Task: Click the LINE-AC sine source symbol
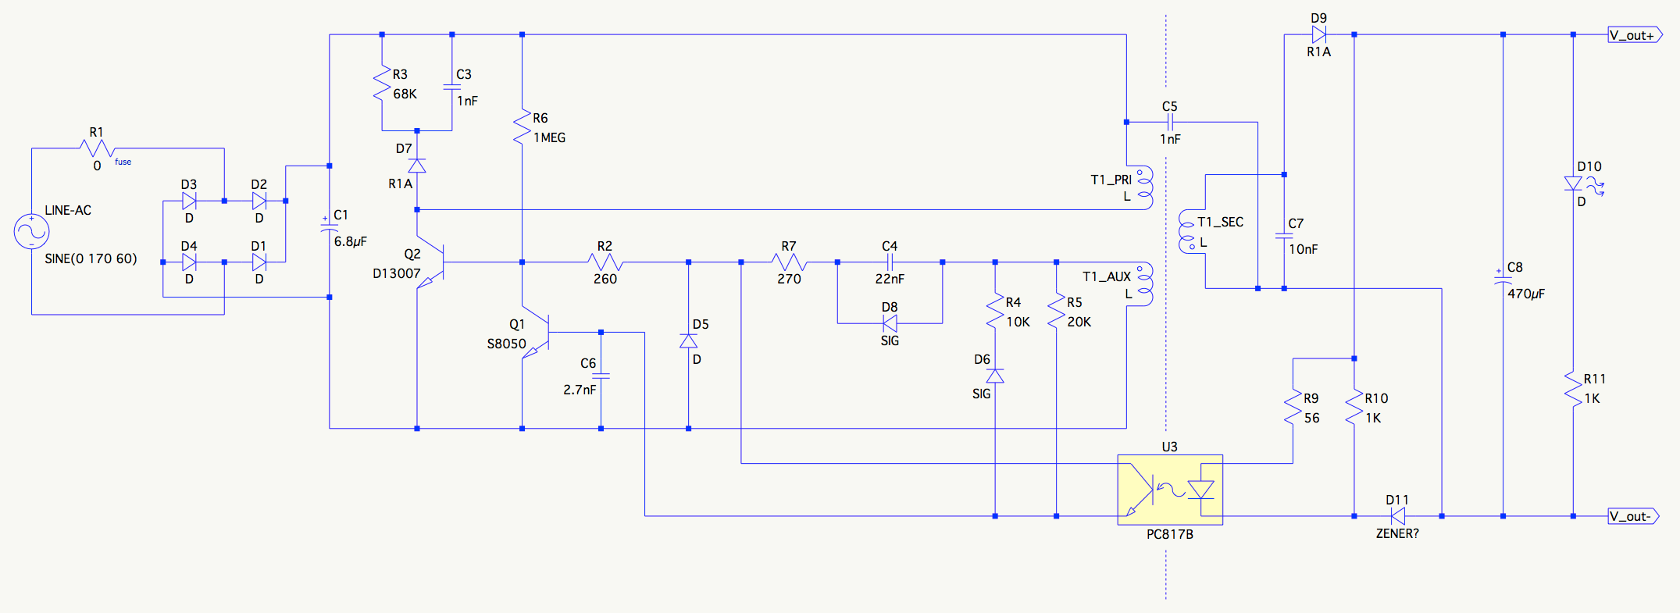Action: [x=32, y=232]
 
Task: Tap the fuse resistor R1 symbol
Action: [x=97, y=148]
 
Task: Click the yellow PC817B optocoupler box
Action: [x=1169, y=490]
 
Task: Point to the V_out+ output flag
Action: [x=1634, y=35]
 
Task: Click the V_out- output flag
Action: [x=1632, y=516]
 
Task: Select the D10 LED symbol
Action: [x=1574, y=184]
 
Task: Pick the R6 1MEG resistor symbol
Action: [x=522, y=127]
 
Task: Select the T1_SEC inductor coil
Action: [x=1187, y=231]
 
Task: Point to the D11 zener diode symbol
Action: [x=1397, y=516]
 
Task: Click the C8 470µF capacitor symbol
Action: [x=1503, y=276]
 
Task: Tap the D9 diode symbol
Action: [x=1318, y=35]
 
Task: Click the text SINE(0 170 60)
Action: [x=91, y=258]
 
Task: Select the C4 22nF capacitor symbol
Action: [x=890, y=262]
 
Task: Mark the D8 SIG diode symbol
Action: [x=890, y=323]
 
